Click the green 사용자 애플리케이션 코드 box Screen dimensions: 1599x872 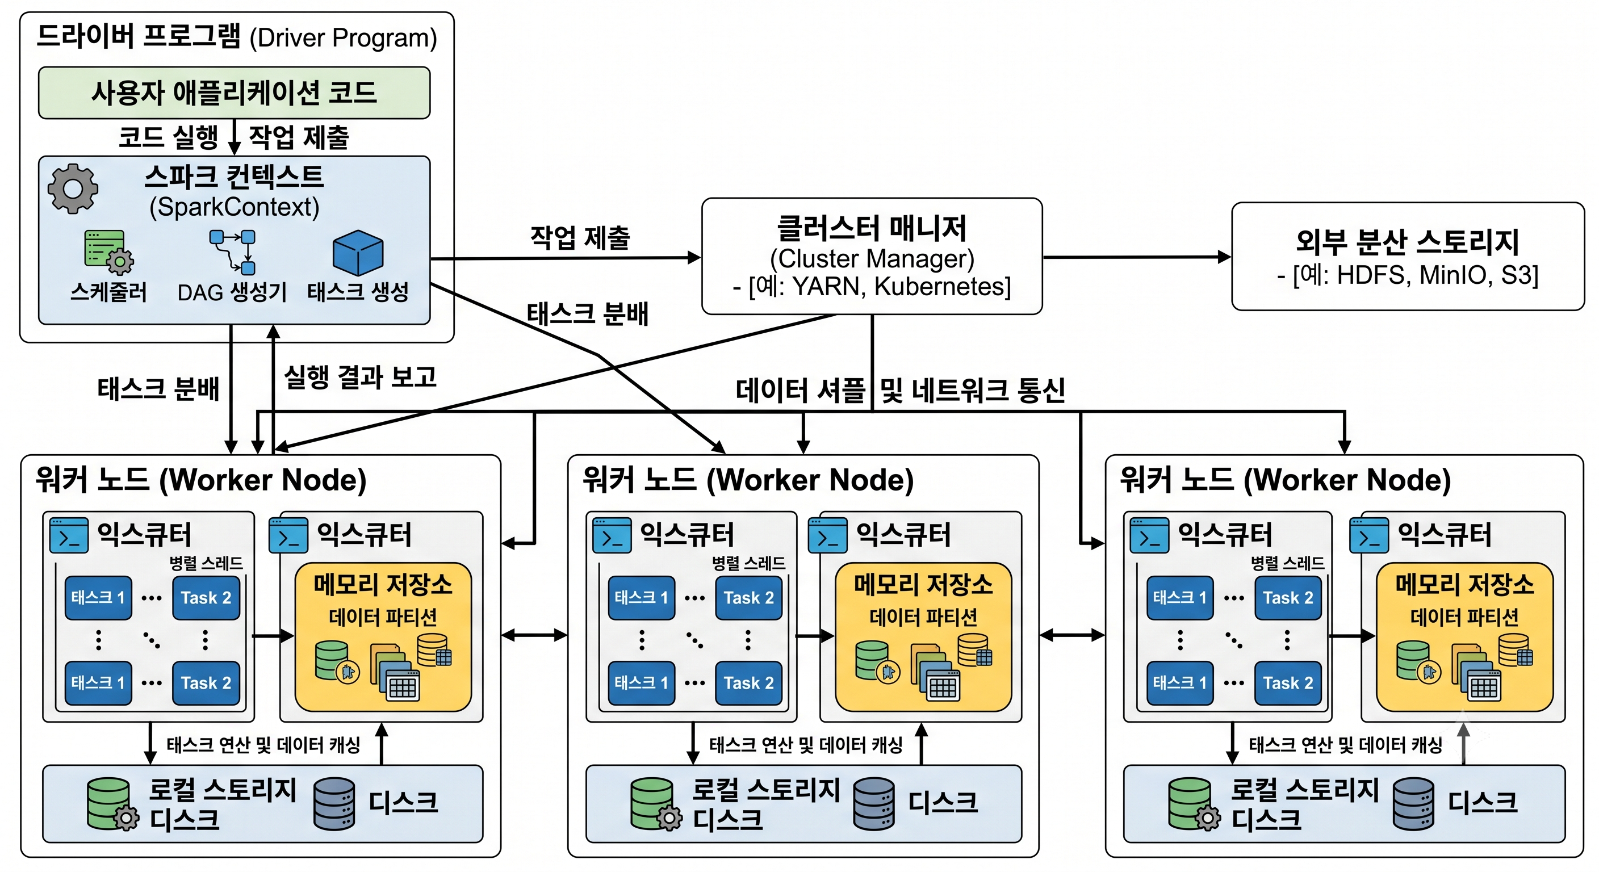click(x=234, y=93)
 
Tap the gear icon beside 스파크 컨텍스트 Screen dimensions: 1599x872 click(x=73, y=188)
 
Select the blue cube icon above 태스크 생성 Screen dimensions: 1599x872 click(x=358, y=253)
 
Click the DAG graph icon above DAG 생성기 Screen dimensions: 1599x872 click(x=233, y=252)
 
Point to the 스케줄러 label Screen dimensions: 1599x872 click(x=108, y=291)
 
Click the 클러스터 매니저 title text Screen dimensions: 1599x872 click(x=872, y=228)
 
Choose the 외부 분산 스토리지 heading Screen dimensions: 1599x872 click(x=1407, y=241)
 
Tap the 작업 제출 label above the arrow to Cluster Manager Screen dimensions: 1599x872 click(x=580, y=237)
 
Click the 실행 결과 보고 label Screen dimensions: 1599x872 click(x=360, y=377)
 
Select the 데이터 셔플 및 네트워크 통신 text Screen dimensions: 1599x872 click(x=900, y=391)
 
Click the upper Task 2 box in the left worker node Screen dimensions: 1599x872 click(x=206, y=598)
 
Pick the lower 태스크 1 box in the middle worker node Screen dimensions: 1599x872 click(x=641, y=683)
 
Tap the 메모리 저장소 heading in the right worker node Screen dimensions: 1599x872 click(x=1464, y=584)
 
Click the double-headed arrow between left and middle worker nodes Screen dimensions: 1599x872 click(x=534, y=634)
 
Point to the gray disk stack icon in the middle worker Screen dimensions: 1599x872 click(x=874, y=804)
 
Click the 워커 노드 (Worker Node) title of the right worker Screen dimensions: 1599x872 click(x=1285, y=480)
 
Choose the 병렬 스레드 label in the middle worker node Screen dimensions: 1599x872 click(x=748, y=563)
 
